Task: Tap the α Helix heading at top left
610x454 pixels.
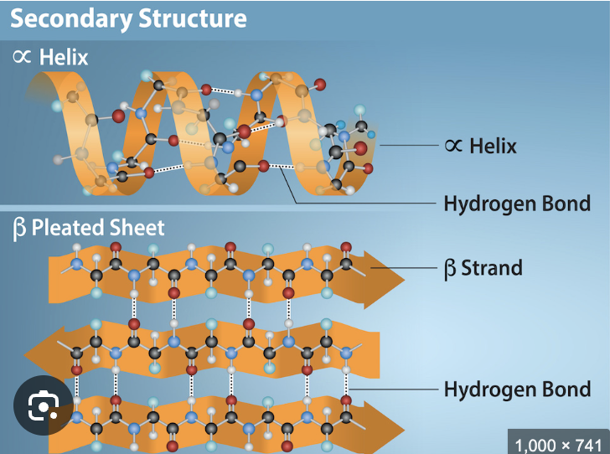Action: [x=50, y=58]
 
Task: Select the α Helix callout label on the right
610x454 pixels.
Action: [x=480, y=145]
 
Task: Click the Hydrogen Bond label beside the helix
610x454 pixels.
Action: [x=516, y=203]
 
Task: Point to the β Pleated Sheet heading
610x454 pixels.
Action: [x=89, y=227]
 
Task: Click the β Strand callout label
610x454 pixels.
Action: [x=483, y=268]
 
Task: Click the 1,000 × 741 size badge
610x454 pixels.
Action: [x=557, y=444]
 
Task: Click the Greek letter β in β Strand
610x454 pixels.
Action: [x=450, y=269]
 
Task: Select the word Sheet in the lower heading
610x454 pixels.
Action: [x=139, y=227]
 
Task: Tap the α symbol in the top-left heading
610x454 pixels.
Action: [x=22, y=58]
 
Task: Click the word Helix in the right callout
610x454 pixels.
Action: [x=493, y=145]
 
